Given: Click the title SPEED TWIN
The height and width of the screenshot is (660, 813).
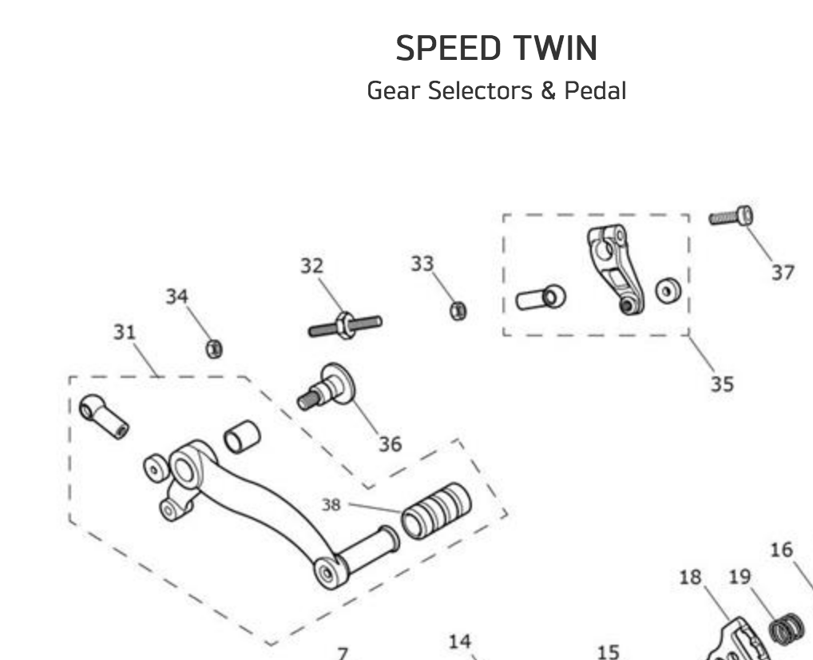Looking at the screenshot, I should click(496, 50).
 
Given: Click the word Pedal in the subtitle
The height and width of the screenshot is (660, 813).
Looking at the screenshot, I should click(595, 90).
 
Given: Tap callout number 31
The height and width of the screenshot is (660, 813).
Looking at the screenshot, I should click(124, 332).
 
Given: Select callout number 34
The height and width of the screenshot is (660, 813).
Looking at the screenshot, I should click(176, 296).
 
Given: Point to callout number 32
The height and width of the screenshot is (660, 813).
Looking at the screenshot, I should click(312, 265).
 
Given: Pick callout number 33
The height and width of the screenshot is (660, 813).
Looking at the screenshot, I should click(422, 263).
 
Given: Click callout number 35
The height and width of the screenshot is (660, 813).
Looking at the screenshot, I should click(721, 384).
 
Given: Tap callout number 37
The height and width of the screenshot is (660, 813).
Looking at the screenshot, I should click(783, 272).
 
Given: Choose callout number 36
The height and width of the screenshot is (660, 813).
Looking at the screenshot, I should click(390, 443).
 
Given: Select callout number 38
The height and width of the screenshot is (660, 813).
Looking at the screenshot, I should click(331, 505).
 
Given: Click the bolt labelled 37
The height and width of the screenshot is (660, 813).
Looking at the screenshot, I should click(731, 216).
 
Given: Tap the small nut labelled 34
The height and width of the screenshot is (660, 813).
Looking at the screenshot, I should click(214, 348).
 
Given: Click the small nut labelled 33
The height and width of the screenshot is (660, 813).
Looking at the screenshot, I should click(458, 311).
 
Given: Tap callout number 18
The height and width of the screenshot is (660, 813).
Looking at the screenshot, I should click(690, 577).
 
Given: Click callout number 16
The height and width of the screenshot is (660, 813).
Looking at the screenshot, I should click(781, 550).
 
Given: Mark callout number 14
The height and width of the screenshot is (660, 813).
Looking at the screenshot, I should click(459, 641).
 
